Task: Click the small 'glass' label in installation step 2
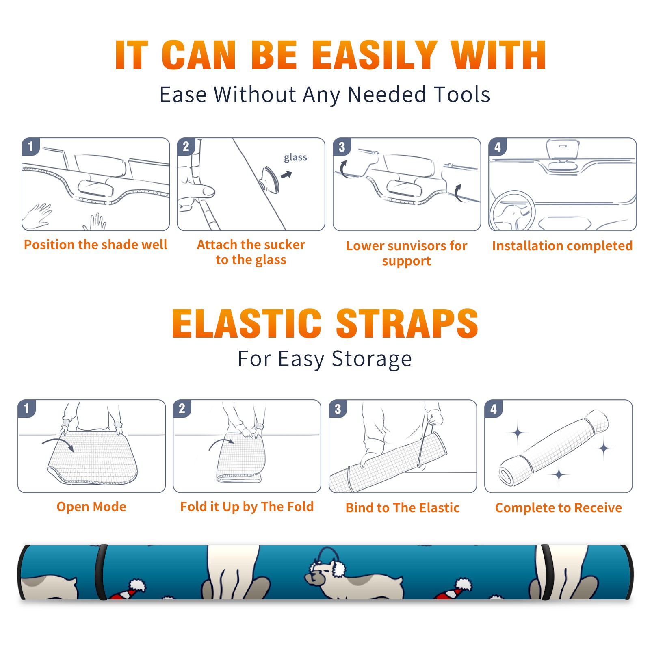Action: coord(295,158)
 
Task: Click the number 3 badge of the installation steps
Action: coord(342,147)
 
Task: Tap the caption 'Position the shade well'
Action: coord(95,245)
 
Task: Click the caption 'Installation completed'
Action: coord(562,246)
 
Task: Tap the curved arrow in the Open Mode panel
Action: coord(58,443)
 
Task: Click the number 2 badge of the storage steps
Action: coord(182,408)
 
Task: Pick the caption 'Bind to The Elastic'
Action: coord(402,508)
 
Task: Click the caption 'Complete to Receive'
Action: coord(558,508)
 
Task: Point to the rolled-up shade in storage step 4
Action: coord(554,448)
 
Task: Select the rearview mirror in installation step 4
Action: coord(563,149)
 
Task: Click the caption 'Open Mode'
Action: coord(91,507)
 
